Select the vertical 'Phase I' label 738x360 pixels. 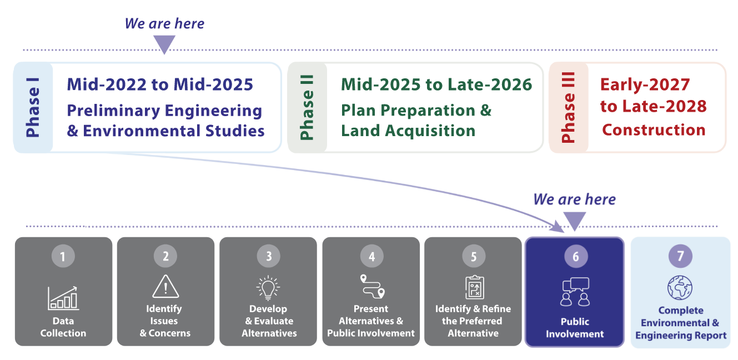coord(33,107)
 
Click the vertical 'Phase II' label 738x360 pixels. coord(307,107)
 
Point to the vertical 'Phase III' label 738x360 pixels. coord(568,107)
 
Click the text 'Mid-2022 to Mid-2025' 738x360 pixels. coord(160,84)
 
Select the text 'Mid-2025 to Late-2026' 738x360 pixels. coord(436,84)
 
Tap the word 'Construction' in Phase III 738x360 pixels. coord(654,130)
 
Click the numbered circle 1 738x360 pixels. coord(63,256)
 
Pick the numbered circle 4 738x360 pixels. coord(371,256)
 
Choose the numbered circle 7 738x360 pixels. coord(680,256)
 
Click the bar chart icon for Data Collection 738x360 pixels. coord(63,298)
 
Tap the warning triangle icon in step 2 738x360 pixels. coord(165,287)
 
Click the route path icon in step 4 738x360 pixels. coord(373,286)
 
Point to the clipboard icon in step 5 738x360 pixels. coord(474,287)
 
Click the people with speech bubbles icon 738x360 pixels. coord(575,292)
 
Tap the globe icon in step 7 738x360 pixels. coord(680,287)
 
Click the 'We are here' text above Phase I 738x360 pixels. coord(164,23)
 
